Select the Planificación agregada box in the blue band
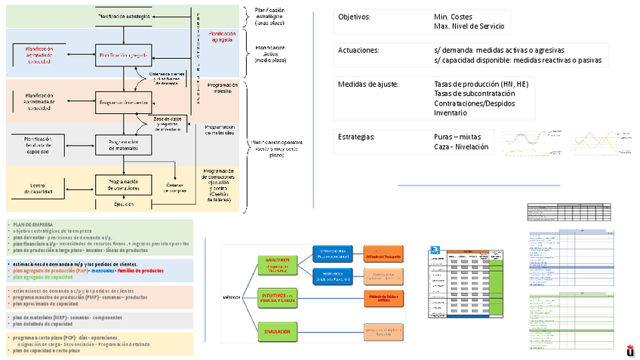point(125,54)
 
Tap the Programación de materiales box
point(125,144)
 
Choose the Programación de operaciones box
point(125,184)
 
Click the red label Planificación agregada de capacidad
point(40,54)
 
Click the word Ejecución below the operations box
point(125,204)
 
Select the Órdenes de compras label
point(176,188)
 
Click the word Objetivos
point(354,17)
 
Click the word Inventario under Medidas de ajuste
point(451,112)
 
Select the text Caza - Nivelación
point(463,147)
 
